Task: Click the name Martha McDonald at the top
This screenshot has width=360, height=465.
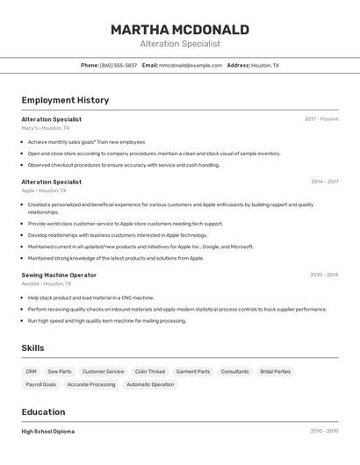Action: point(179,30)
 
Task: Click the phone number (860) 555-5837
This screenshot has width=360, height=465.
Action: point(119,65)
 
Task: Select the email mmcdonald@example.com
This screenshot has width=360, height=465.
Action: point(191,65)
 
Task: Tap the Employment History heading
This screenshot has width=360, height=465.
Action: point(65,100)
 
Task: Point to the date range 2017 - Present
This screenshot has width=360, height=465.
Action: point(321,119)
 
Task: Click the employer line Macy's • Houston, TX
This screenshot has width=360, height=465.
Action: point(46,128)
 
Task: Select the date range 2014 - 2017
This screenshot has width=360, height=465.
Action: point(324,182)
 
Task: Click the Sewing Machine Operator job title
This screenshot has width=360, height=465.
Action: point(59,275)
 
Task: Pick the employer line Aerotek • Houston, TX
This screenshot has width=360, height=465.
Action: point(47,283)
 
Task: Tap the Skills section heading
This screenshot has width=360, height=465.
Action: point(32,348)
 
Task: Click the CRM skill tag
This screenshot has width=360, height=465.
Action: point(31,371)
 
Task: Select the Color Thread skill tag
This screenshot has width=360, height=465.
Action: point(150,371)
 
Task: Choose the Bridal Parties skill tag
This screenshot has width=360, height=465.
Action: point(275,371)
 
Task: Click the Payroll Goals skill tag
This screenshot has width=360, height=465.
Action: point(40,384)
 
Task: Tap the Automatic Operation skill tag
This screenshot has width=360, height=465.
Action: point(150,384)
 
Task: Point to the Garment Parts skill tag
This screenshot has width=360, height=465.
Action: point(193,371)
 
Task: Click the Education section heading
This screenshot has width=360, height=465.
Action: point(43,412)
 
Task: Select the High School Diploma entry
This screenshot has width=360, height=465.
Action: point(47,432)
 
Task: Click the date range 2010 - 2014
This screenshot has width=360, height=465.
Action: point(324,275)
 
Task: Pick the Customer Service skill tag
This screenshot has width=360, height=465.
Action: point(103,371)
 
